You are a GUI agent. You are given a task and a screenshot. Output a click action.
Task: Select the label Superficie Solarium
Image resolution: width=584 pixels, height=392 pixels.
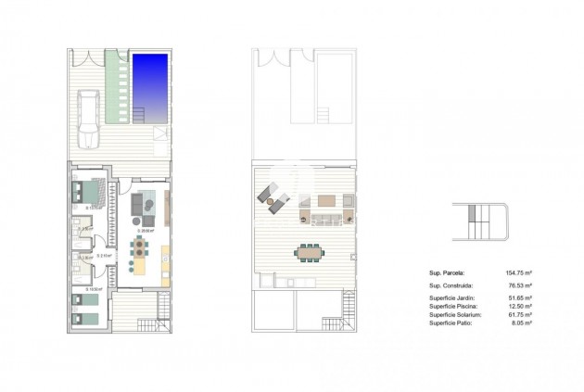tap(454, 315)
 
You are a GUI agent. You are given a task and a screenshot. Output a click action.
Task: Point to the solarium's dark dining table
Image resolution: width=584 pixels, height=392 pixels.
tap(310, 250)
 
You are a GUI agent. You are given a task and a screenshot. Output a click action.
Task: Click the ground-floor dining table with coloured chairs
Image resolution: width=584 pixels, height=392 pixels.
tap(139, 247)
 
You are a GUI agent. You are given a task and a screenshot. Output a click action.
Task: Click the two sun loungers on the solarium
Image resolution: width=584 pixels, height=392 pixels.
tap(273, 198)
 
